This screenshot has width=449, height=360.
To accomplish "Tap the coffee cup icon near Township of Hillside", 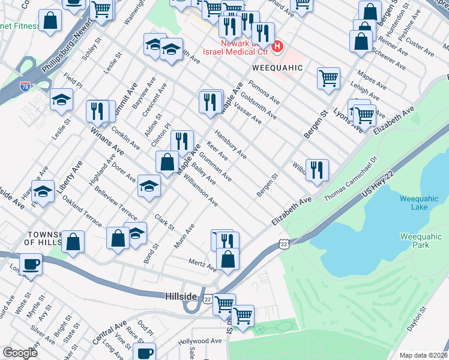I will click(30, 264).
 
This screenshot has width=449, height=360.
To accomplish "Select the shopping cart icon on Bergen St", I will click(328, 78).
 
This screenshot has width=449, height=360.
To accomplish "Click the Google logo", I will click(20, 353).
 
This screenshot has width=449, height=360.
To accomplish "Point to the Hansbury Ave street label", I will click(231, 145).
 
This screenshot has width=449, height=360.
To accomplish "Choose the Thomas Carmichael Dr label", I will click(349, 178).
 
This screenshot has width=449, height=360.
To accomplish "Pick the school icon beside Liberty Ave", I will click(43, 192).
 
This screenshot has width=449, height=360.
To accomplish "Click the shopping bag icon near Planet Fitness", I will click(50, 20).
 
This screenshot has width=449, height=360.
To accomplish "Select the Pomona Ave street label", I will click(265, 91).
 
